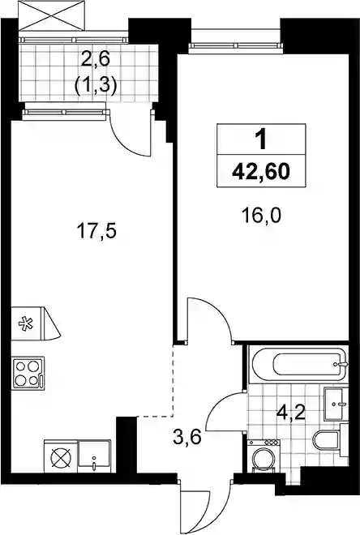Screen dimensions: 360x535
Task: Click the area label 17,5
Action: [x=97, y=232]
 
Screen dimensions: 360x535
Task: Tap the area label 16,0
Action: [x=261, y=216]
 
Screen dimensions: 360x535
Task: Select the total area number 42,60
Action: [x=261, y=171]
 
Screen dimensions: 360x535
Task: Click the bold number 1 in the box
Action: [x=262, y=140]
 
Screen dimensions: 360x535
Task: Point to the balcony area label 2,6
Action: [x=95, y=59]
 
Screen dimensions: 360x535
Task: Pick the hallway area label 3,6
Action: [x=187, y=437]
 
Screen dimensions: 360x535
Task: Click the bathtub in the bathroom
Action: [x=299, y=365]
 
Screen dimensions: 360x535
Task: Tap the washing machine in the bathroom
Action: [x=264, y=456]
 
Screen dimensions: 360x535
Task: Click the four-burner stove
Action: [x=28, y=373]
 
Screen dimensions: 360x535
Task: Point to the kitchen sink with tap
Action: [x=94, y=456]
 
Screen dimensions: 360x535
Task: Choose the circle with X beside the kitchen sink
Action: [x=61, y=457]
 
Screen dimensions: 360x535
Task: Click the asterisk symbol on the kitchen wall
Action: [x=26, y=323]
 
